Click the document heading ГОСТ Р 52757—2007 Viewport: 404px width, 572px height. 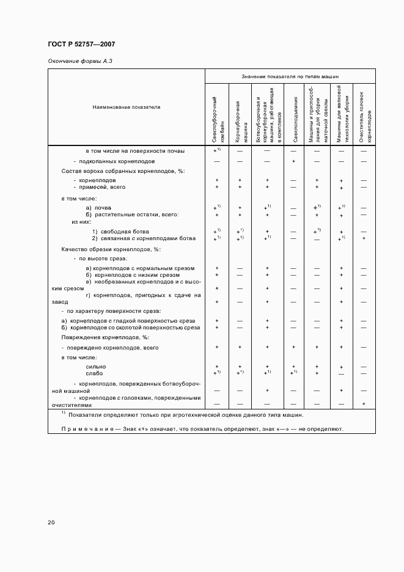click(x=81, y=45)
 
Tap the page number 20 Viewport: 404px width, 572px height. click(x=51, y=522)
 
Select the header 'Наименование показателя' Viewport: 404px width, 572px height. click(x=126, y=107)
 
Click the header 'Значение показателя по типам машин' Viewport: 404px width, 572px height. click(x=290, y=77)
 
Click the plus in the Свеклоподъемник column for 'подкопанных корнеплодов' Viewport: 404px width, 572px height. click(x=294, y=161)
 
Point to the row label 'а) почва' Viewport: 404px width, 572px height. click(x=98, y=208)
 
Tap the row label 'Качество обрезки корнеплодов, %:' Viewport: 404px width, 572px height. click(x=111, y=249)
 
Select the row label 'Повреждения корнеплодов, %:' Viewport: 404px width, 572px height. click(x=105, y=337)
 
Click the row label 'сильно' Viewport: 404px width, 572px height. click(x=95, y=366)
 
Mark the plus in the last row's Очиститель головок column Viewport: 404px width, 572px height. click(x=364, y=403)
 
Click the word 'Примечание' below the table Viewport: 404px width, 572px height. click(x=87, y=429)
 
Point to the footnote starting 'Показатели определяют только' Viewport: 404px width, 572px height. click(x=185, y=415)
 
